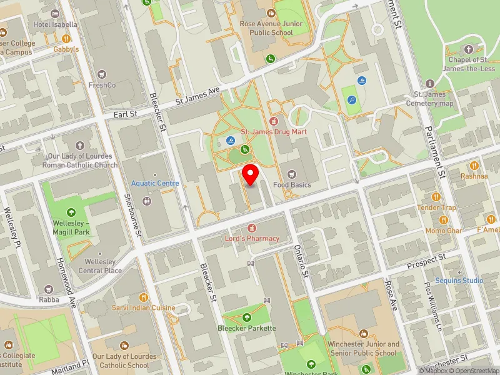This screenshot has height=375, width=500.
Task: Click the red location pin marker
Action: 251,174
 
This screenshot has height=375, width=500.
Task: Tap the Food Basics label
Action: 292,185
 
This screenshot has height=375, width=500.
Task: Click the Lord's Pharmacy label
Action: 252,238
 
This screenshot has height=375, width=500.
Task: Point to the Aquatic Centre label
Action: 155,183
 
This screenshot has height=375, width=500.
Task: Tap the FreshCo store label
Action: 102,85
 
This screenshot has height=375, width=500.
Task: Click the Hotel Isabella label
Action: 56,24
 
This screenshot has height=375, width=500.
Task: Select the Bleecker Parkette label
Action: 246,328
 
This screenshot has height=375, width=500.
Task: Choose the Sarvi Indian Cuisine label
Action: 143,307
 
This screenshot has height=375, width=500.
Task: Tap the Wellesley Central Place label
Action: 100,266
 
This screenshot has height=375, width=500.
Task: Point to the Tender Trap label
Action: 437,207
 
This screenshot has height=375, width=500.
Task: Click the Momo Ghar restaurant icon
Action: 444,220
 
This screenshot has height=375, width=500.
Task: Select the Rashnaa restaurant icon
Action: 474,166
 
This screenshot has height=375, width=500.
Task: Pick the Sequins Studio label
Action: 459,281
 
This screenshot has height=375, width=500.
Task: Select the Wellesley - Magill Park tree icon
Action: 70,213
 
